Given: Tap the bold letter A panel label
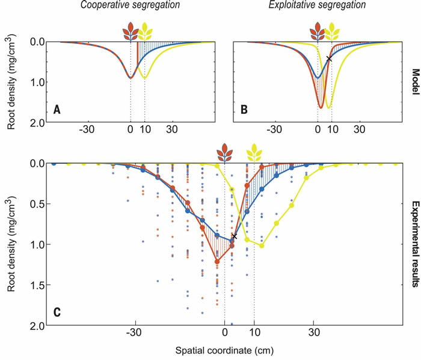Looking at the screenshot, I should tap(57, 110).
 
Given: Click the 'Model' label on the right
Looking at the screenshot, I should tap(414, 81).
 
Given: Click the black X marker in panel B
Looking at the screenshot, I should tap(328, 59).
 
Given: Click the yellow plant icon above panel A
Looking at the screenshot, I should tap(144, 30).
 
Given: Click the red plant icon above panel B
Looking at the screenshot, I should tap(318, 30).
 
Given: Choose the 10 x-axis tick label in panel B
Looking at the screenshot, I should tap(331, 130).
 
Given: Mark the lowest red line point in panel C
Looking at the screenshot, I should tap(217, 261).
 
